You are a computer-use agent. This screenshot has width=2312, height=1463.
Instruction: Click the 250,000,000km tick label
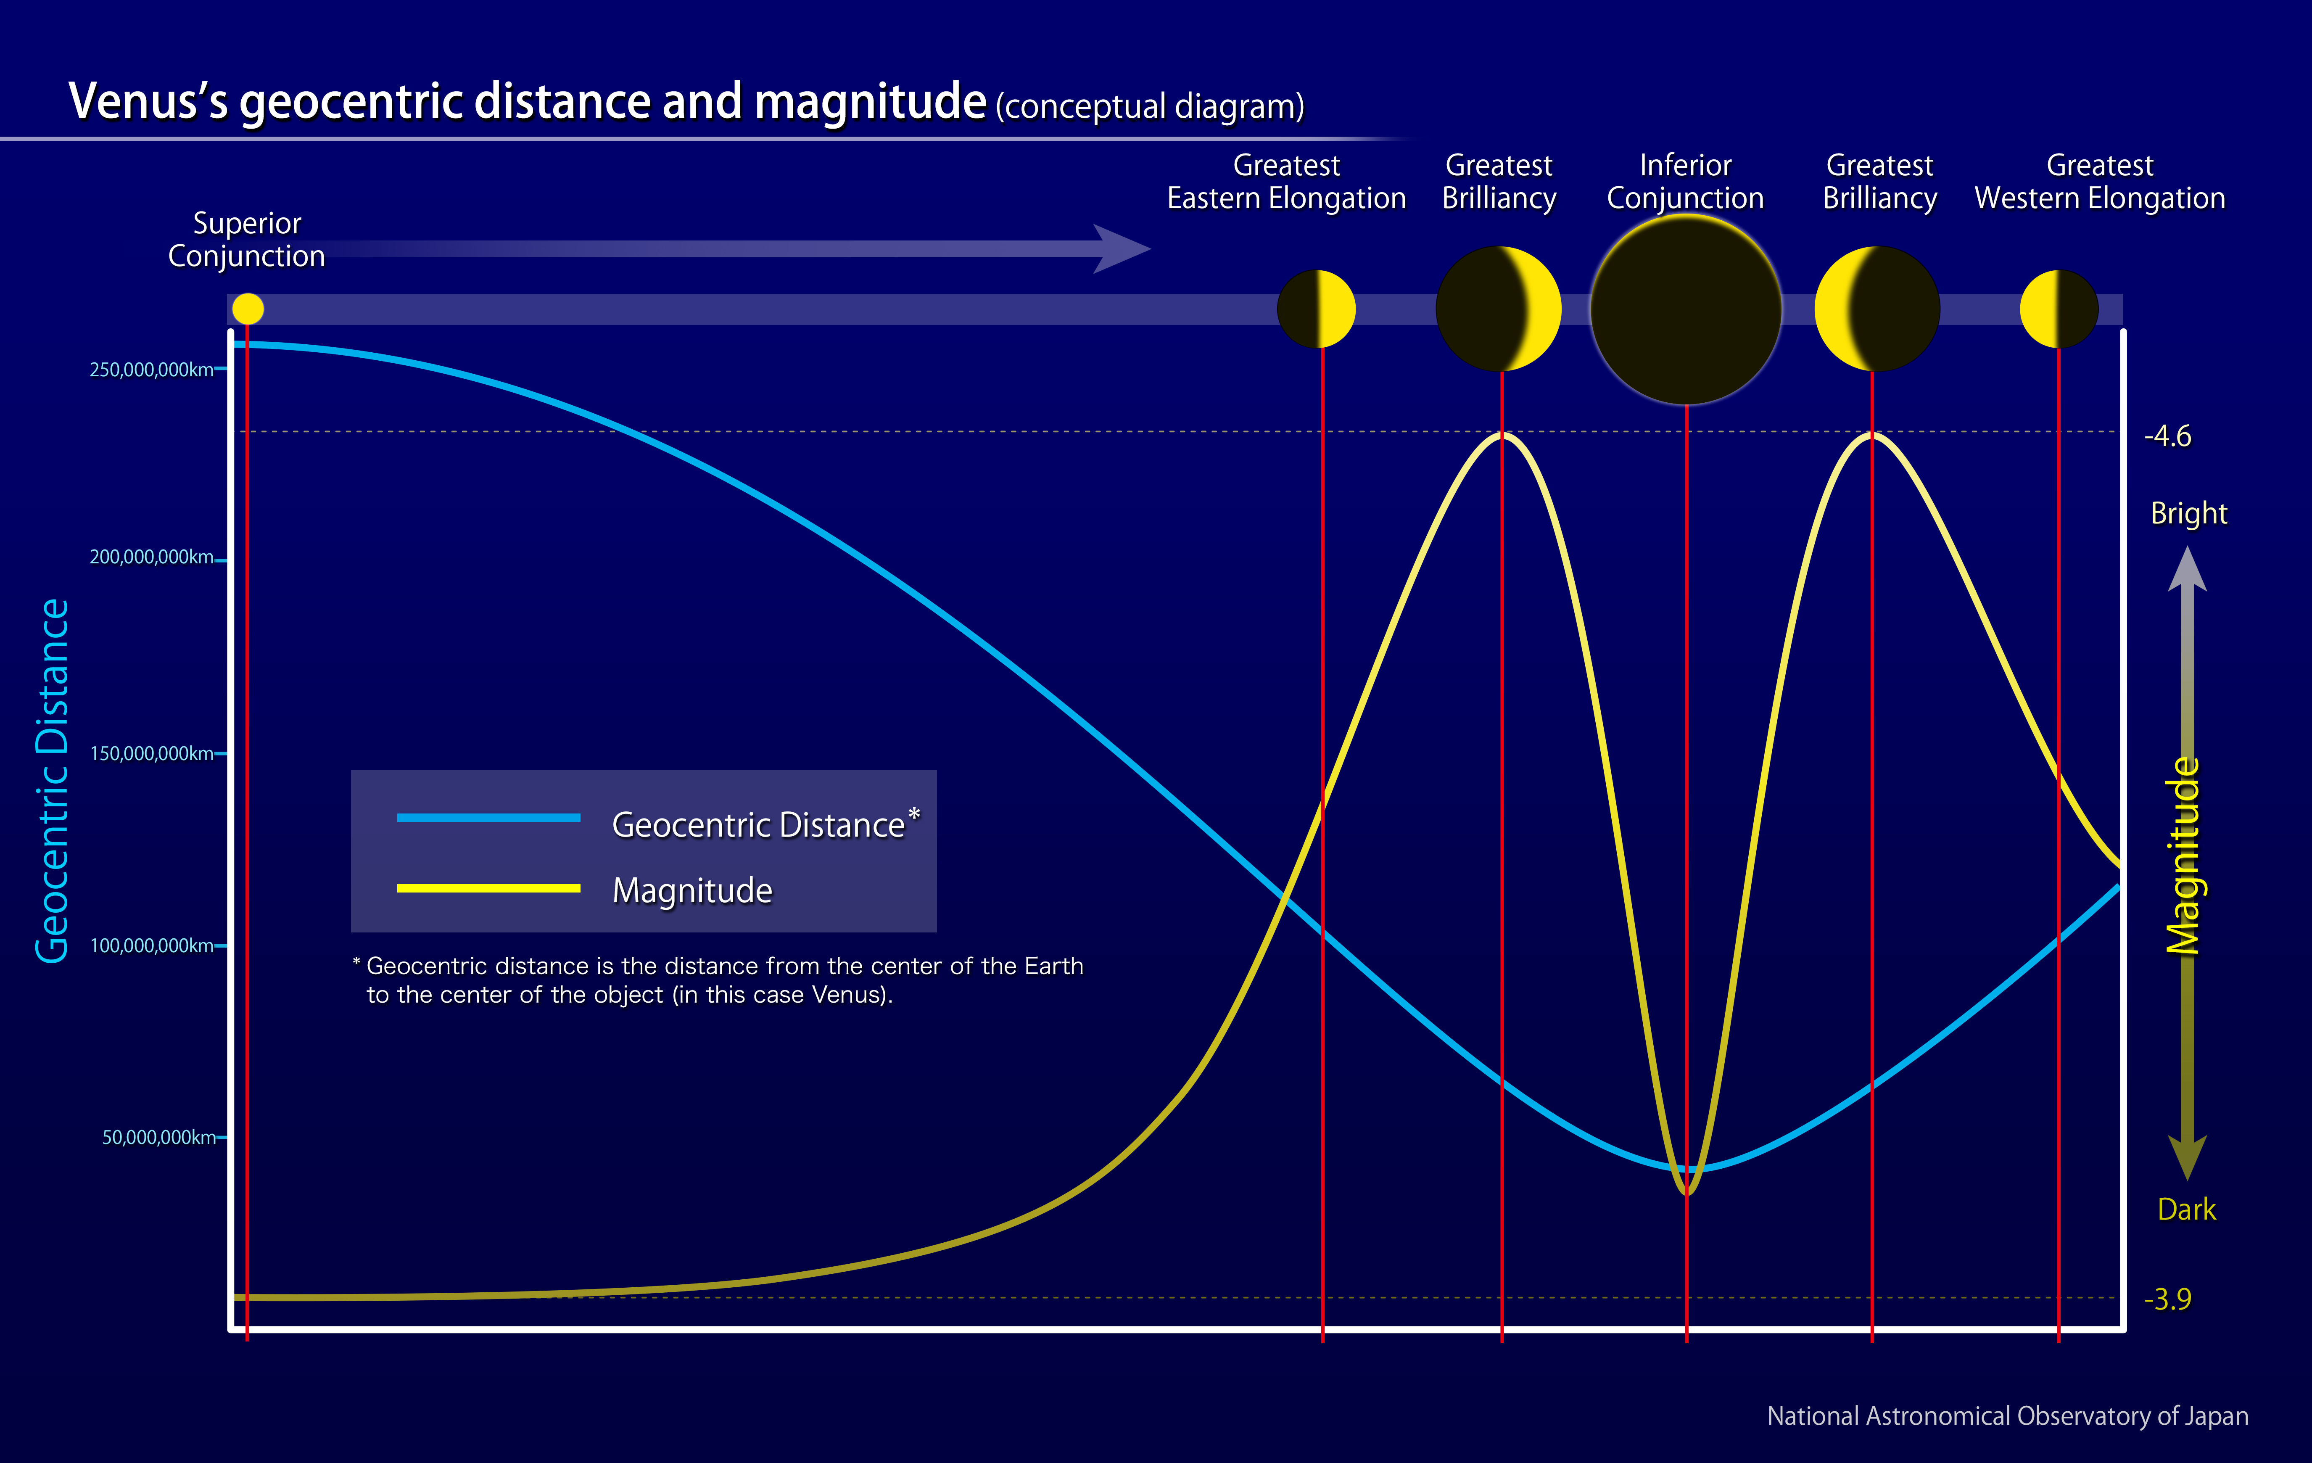[152, 370]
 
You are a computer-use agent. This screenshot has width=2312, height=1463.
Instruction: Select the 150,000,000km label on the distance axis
[152, 754]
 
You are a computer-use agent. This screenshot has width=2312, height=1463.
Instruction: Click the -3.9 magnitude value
[2167, 1299]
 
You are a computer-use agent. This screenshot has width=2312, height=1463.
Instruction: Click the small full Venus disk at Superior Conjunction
[248, 309]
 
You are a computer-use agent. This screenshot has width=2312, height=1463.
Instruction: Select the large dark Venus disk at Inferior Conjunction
[1686, 309]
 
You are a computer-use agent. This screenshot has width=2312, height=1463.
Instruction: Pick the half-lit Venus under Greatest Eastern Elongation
[1316, 309]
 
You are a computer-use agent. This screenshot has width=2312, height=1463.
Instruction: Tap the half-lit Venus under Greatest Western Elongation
[2059, 309]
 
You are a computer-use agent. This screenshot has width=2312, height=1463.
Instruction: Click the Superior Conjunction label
[247, 240]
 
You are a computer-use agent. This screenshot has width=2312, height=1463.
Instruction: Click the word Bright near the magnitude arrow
[2188, 514]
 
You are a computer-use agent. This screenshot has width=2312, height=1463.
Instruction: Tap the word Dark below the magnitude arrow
[2186, 1209]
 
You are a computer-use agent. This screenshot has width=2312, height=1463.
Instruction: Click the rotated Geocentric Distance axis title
[53, 780]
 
